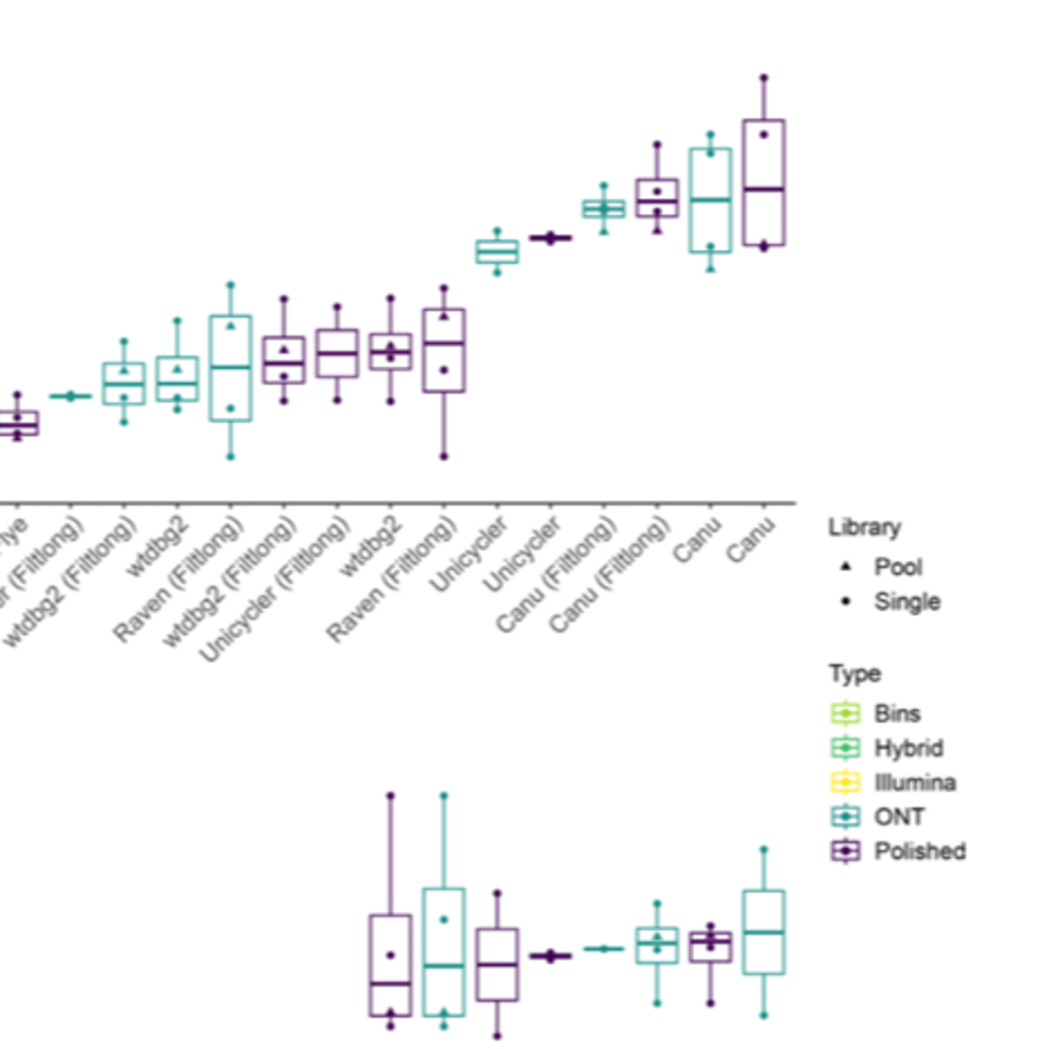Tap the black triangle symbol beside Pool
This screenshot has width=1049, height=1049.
[x=845, y=567]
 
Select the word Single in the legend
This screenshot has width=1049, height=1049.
[x=907, y=601]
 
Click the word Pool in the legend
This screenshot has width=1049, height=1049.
[x=898, y=567]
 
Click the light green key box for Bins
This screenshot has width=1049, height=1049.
[x=845, y=713]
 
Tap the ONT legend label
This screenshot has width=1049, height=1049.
[x=899, y=816]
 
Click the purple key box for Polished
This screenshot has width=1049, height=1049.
[x=845, y=851]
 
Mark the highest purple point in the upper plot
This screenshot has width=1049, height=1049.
[x=764, y=78]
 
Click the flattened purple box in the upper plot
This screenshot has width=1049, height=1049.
[x=551, y=238]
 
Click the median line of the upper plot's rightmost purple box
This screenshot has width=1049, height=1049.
[x=764, y=189]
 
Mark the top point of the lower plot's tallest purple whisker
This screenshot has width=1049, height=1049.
[x=390, y=796]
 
